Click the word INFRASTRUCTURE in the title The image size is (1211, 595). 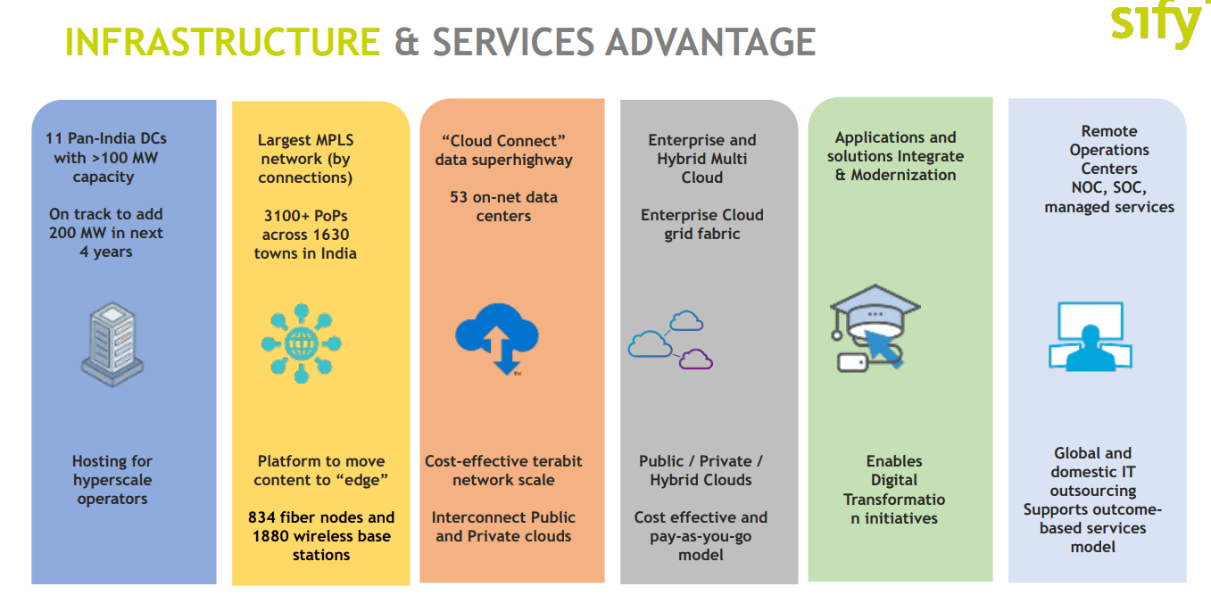tap(223, 42)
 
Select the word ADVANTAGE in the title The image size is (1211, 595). tap(709, 42)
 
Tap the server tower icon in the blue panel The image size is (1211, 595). tap(112, 341)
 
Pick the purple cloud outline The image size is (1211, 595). tap(696, 359)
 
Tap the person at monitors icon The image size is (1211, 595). tap(1091, 336)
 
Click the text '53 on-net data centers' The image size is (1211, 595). tap(503, 206)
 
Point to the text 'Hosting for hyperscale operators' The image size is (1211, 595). tap(112, 480)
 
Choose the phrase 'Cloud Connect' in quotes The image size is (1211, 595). tap(504, 141)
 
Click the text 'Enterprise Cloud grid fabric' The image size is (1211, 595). tap(702, 225)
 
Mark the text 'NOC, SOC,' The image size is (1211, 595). tap(1108, 187)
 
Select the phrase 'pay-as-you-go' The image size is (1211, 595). tap(701, 536)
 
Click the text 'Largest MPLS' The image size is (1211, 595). tap(305, 140)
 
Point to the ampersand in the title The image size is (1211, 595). tap(407, 42)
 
